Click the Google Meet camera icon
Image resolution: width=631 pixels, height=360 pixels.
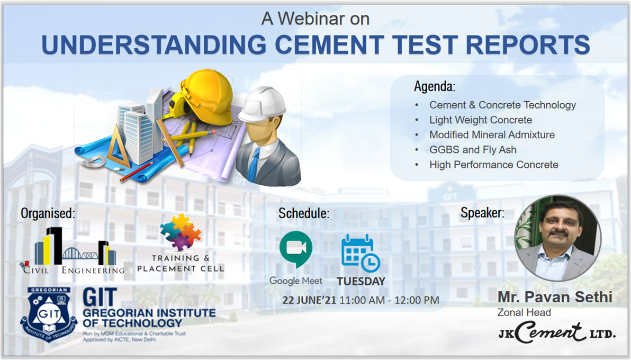pos(296,249)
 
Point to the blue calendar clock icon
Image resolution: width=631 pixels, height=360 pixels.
pos(360,253)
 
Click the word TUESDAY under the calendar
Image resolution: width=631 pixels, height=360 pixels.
pos(361,282)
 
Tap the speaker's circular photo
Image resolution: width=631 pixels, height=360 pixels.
pos(558,238)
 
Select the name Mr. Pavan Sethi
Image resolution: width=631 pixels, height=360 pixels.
pos(555,297)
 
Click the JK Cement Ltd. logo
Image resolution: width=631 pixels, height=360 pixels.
pos(557,333)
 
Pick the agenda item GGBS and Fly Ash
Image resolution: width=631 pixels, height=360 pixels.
pos(473,150)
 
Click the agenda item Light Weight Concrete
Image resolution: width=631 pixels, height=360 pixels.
pos(481,120)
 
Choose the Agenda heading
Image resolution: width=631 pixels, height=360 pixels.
pos(435,86)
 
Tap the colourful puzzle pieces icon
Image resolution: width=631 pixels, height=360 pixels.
pos(181,231)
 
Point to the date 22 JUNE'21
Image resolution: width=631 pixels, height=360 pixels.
pos(309,300)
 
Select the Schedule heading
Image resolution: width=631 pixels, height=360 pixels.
pos(304,213)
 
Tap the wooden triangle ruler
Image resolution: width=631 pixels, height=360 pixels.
pos(118,147)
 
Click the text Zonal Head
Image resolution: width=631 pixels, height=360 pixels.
pos(524,312)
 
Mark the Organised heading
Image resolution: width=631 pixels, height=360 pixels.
pos(48,213)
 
